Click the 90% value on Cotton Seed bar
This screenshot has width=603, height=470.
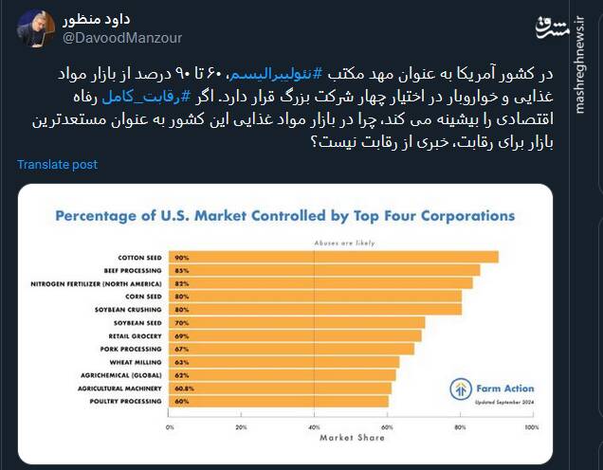point(180,257)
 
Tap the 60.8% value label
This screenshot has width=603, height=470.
point(184,389)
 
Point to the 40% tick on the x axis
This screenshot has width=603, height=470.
point(315,426)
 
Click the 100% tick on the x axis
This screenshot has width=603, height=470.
point(531,426)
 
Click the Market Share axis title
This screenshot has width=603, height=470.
point(352,438)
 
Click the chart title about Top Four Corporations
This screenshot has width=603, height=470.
point(284,215)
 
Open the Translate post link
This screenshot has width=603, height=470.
point(57,165)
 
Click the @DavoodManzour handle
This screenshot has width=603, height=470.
point(122,38)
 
